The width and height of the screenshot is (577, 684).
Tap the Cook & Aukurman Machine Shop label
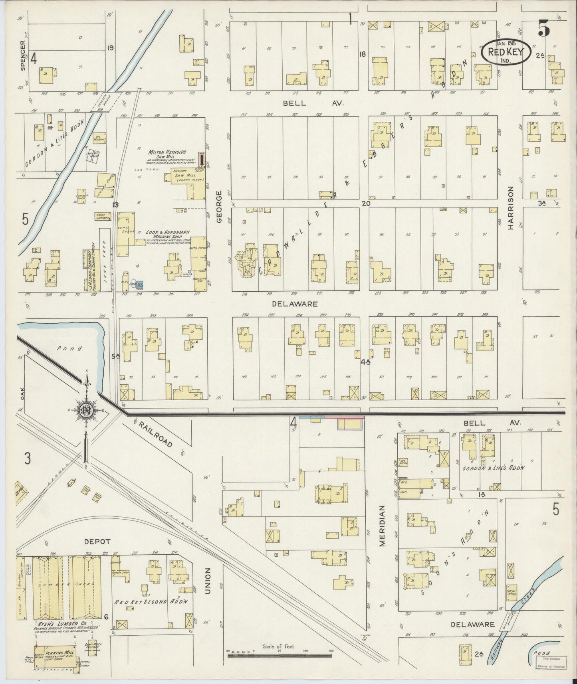coord(167,234)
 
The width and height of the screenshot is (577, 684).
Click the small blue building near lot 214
coord(141,285)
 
